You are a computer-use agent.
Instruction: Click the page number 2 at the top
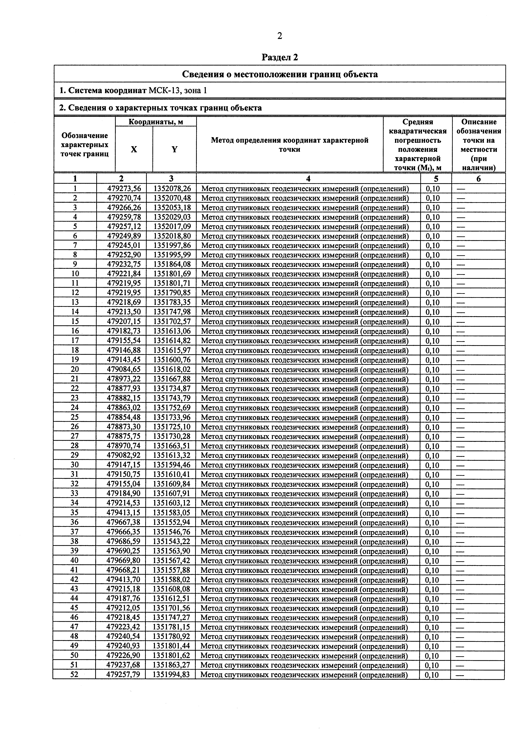[x=280, y=36]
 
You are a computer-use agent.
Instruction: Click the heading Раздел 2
[x=280, y=58]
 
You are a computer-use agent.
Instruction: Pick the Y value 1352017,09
[x=172, y=227]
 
